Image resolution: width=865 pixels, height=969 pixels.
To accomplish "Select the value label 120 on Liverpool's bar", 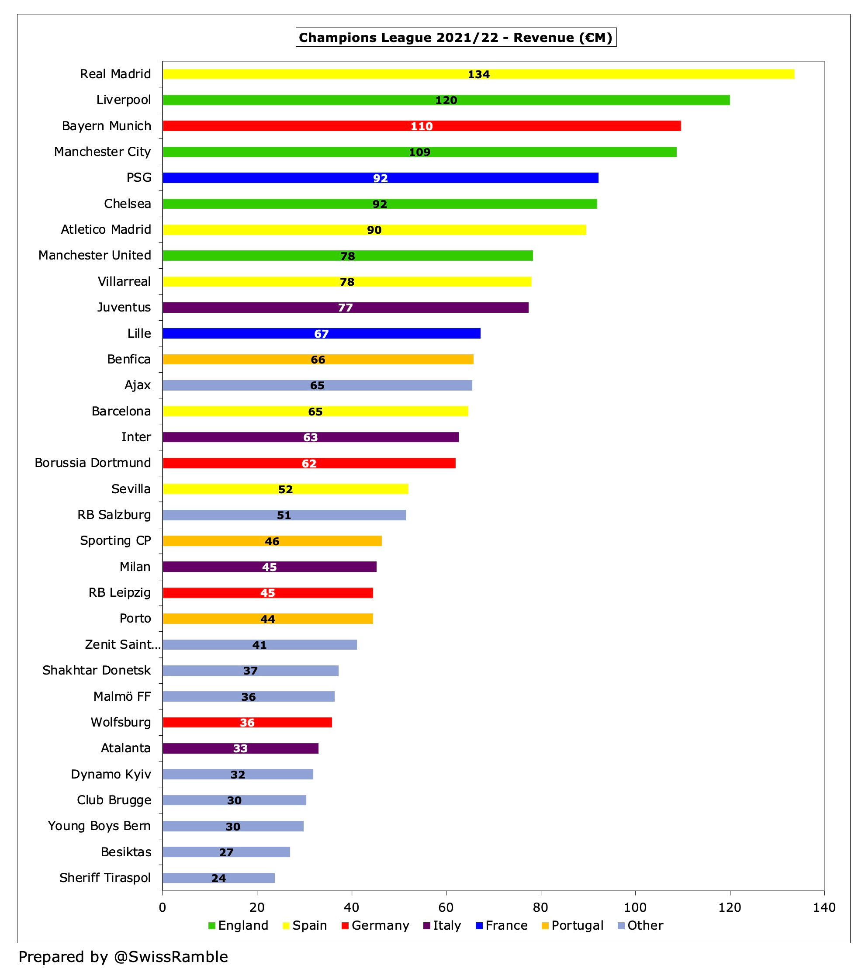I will pos(446,100).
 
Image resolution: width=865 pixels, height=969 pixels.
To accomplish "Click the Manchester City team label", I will pos(102,152).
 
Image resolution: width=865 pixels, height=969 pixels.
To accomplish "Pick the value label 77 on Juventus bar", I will pos(345,308).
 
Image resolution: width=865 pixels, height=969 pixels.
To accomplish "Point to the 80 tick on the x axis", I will pos(540,907).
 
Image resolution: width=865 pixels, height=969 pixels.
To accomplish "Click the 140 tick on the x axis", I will pos(823,907).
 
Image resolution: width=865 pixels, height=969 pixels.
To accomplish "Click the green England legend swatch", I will pos(212,925).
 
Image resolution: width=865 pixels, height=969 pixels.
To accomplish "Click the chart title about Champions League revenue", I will pos(455,38).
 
